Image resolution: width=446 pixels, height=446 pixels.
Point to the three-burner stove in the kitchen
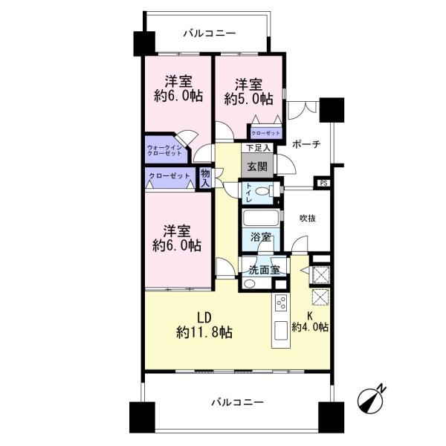pyautogui.click(x=282, y=304)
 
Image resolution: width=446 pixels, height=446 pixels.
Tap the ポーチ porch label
pyautogui.click(x=306, y=144)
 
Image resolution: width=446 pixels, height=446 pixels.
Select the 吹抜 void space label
pyautogui.click(x=309, y=219)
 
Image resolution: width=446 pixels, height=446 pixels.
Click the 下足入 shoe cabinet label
pyautogui.click(x=256, y=148)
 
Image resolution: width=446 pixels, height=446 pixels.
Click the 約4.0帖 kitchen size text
pyautogui.click(x=311, y=327)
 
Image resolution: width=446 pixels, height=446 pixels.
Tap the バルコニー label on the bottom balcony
pyautogui.click(x=236, y=402)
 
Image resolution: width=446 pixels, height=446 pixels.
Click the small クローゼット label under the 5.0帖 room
pyautogui.click(x=265, y=133)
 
